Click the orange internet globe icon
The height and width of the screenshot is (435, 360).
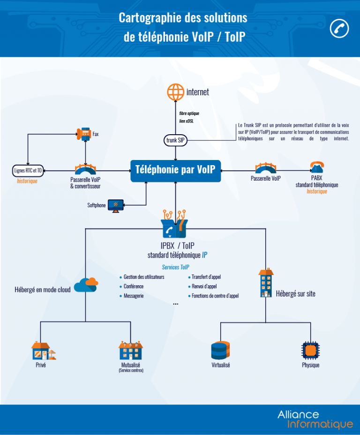pos(176,92)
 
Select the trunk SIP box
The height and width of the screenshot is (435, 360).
pos(175,140)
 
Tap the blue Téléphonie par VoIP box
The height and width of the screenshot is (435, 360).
pos(175,170)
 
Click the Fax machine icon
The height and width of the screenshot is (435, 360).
pos(85,134)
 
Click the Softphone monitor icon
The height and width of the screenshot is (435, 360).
pos(115,205)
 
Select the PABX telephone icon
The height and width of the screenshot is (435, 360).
pos(317,168)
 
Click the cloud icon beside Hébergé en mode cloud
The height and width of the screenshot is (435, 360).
pos(86,284)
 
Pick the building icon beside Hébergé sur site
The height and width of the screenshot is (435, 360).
pos(265,283)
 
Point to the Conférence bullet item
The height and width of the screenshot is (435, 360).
pos(134,286)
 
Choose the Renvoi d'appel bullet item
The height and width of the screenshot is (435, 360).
pos(204,286)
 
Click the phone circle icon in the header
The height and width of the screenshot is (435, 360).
pos(339,28)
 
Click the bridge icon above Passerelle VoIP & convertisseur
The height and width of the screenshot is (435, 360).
pos(85,169)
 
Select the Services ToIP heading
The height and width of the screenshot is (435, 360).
pos(175,267)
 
